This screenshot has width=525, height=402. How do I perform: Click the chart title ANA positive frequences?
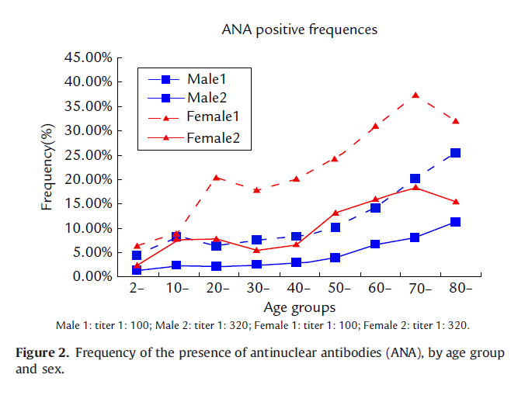pyautogui.click(x=299, y=29)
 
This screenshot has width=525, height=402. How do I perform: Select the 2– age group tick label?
pyautogui.click(x=137, y=289)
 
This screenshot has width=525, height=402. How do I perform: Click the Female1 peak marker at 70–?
pyautogui.click(x=415, y=95)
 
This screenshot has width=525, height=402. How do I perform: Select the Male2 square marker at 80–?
pyautogui.click(x=455, y=153)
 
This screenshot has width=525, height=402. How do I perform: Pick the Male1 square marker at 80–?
pyautogui.click(x=455, y=222)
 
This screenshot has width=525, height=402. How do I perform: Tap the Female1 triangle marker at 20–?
pyautogui.click(x=217, y=178)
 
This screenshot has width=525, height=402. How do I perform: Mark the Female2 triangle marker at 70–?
pyautogui.click(x=415, y=187)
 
